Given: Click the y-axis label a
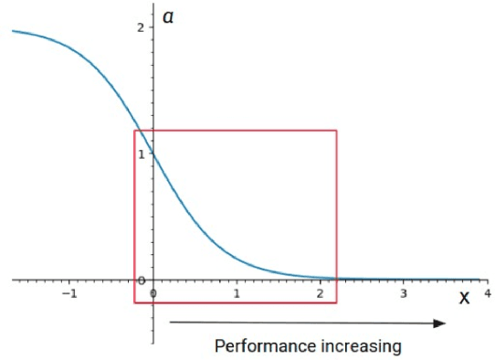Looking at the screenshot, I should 168,16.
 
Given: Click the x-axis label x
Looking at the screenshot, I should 464,297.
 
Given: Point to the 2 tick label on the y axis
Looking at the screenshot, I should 141,27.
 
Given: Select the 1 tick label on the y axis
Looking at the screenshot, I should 141,154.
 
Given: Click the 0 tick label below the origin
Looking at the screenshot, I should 153,293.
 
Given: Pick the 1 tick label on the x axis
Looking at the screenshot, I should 237,293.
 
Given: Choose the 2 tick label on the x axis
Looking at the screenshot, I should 320,293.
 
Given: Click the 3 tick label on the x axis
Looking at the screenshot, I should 403,293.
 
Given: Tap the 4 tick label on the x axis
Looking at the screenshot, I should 486,293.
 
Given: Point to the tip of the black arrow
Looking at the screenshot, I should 447,323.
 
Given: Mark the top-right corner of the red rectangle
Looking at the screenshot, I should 337,131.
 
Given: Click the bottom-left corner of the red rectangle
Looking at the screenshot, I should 134,302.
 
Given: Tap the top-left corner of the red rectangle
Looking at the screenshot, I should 134,131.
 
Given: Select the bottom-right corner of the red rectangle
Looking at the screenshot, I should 337,302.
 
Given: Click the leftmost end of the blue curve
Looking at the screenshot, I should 12,31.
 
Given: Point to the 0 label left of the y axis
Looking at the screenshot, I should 141,281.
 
